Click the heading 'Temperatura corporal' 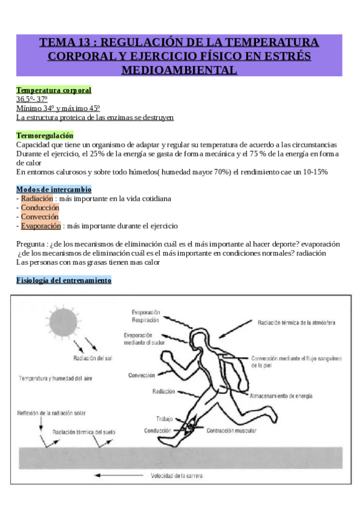coord(53,90)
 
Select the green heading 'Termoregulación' coord(45,136)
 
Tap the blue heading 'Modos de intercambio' coord(53,189)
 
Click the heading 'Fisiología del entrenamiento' coord(64,280)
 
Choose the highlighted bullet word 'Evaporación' coord(41,226)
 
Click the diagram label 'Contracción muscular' coord(231,431)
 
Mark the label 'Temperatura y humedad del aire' coord(55,378)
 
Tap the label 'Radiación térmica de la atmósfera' coord(296,322)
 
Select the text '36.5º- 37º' coord(32,99)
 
